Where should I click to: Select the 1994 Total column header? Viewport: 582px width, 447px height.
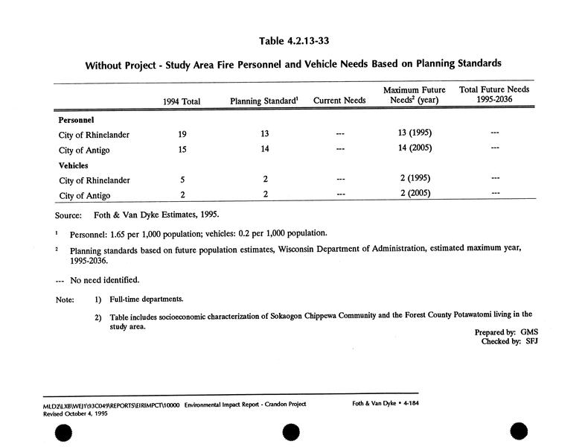182,101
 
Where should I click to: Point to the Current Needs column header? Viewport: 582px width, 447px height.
339,101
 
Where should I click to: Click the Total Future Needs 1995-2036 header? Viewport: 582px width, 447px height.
494,95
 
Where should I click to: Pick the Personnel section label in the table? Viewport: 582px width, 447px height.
75,119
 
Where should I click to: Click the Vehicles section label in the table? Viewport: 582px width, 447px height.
74,165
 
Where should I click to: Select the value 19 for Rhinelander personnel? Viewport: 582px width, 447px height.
182,135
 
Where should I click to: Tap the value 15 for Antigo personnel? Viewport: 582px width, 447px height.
182,150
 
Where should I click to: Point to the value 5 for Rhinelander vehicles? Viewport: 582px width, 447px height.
182,180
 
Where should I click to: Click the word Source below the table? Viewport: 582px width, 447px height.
68,215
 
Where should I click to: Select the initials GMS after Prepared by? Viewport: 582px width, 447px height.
529,332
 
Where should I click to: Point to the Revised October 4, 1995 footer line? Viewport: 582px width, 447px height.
65,412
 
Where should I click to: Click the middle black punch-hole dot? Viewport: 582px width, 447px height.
290,431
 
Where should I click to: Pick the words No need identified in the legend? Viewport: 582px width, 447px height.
105,280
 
